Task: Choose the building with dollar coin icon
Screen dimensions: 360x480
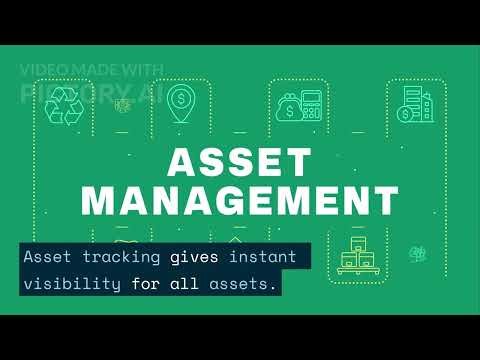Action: pos(413,104)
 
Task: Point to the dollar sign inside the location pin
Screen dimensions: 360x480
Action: pos(181,98)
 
